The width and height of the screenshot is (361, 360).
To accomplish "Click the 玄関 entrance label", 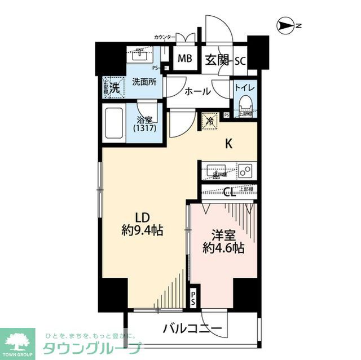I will click(217, 60).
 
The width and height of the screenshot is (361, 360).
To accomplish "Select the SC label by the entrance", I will click(239, 60).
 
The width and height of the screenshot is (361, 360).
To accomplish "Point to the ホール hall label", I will click(197, 92).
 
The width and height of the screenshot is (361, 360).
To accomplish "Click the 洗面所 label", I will click(144, 82).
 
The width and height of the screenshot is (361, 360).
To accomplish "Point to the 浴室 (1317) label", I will click(146, 124).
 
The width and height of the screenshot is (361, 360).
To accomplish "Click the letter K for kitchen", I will click(229, 144).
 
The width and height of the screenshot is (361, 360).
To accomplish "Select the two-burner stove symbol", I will click(245, 170).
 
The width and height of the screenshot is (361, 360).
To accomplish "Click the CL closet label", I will click(229, 192).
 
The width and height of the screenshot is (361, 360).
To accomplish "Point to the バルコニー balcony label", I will click(193, 328).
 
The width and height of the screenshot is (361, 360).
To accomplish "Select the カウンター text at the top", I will click(165, 37).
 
